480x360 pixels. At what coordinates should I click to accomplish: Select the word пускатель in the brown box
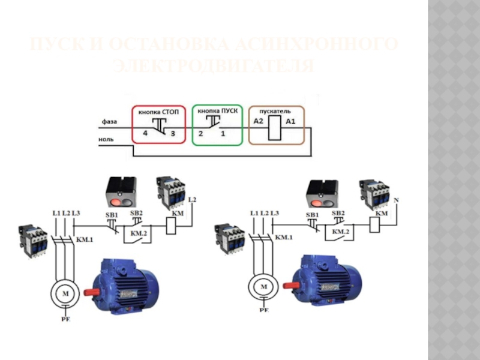[x=275, y=112]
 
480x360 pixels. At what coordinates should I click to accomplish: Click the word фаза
[x=109, y=122]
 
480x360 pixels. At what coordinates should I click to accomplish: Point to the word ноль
[x=108, y=141]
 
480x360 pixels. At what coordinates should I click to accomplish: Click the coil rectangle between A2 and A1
[x=274, y=128]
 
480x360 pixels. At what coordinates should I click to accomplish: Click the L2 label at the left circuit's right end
[x=192, y=199]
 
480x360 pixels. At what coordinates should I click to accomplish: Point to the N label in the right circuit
[x=396, y=199]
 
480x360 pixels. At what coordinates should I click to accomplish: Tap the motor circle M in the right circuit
[x=263, y=287]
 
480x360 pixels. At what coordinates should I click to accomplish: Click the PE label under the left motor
[x=65, y=320]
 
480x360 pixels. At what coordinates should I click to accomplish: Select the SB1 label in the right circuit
[x=313, y=214]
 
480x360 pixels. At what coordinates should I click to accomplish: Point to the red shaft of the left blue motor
[x=91, y=292]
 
